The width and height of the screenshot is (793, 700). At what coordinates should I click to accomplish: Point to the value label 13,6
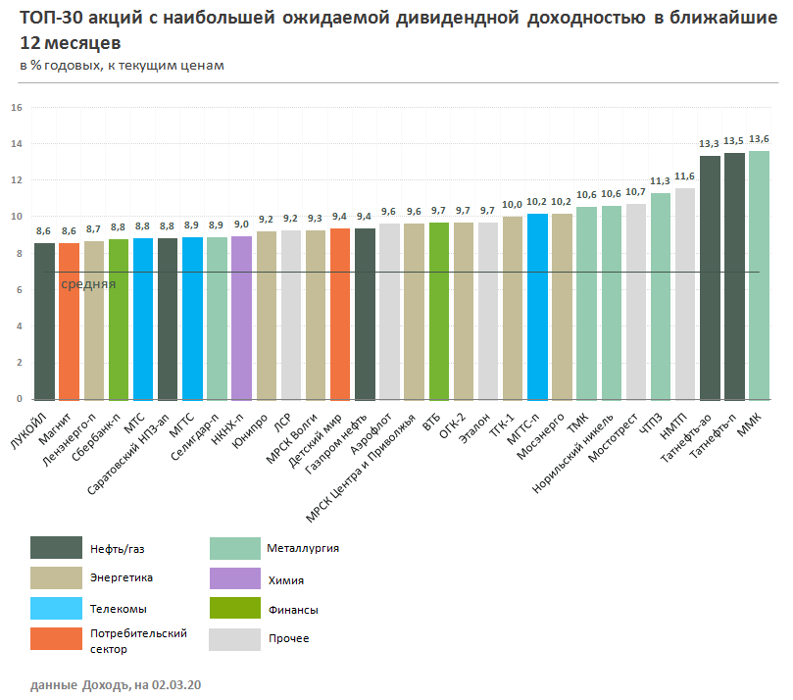(759, 138)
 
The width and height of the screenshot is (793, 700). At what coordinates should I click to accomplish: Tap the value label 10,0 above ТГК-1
(513, 205)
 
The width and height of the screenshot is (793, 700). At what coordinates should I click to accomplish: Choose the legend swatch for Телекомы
(56, 609)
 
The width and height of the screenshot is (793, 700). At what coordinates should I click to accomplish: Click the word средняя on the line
(89, 283)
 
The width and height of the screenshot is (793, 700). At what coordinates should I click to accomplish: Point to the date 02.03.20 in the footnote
(177, 683)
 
